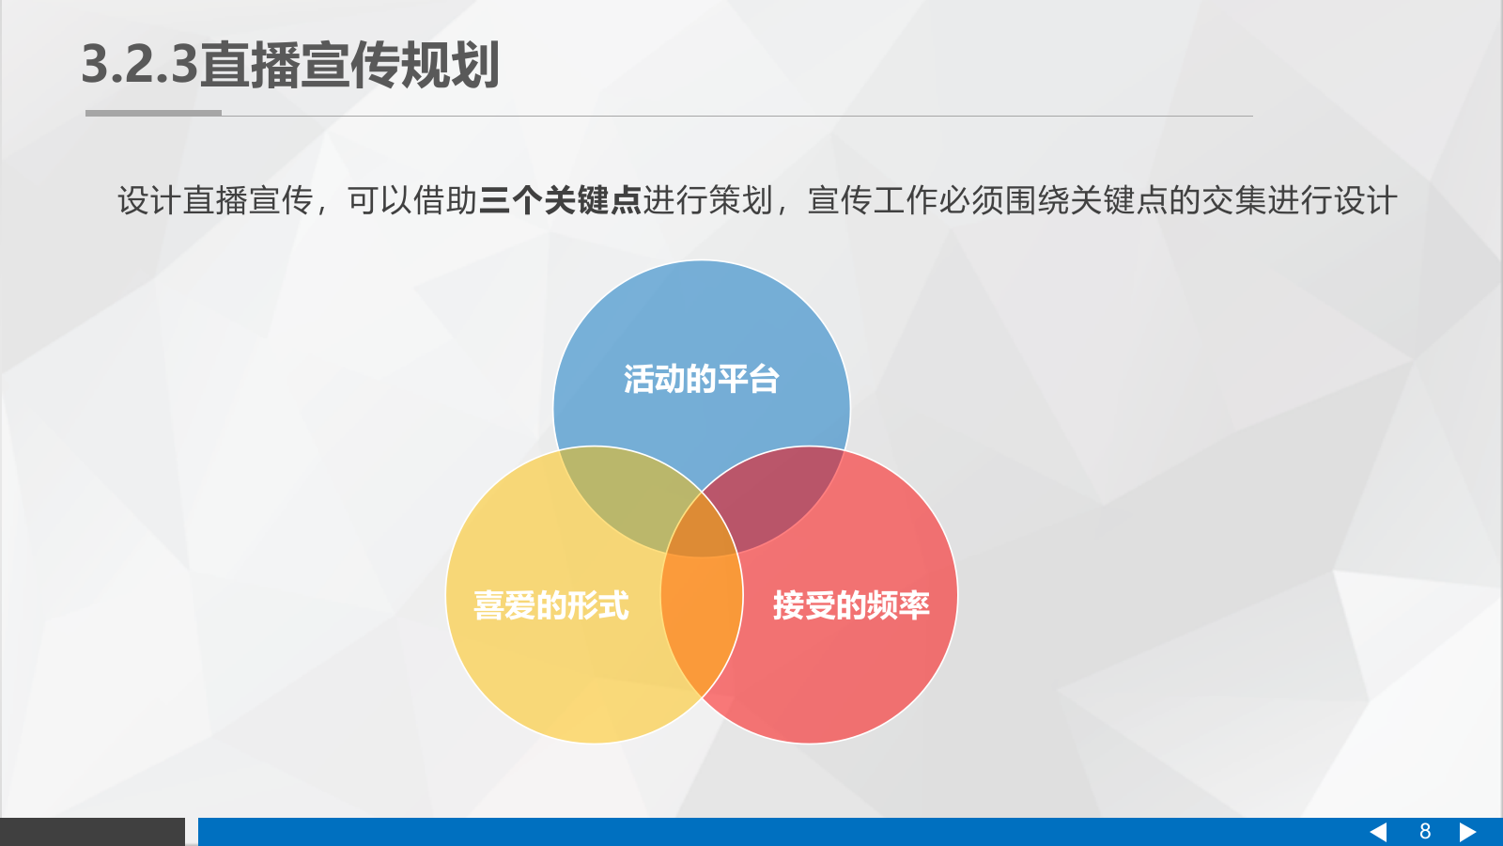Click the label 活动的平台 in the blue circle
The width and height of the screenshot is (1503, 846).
(x=701, y=379)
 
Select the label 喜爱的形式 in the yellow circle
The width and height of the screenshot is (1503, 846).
(x=550, y=605)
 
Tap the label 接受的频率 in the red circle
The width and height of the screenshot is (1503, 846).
(x=851, y=605)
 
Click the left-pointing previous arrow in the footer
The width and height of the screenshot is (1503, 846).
(x=1378, y=832)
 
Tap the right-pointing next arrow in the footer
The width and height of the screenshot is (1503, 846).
(x=1467, y=832)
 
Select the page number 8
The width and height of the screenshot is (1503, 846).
(x=1424, y=832)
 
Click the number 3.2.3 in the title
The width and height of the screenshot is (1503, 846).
(x=140, y=65)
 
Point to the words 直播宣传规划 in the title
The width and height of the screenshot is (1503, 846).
(x=349, y=65)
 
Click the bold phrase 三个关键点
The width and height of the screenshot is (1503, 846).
(x=560, y=200)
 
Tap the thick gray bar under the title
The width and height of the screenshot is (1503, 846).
(x=153, y=113)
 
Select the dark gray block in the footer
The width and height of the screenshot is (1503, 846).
(x=92, y=832)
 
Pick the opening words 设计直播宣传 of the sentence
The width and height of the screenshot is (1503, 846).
(x=215, y=200)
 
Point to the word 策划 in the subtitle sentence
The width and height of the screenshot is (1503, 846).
(x=740, y=200)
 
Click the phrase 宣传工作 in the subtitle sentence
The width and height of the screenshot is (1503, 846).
(x=873, y=200)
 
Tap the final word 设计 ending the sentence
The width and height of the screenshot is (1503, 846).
(x=1366, y=200)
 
